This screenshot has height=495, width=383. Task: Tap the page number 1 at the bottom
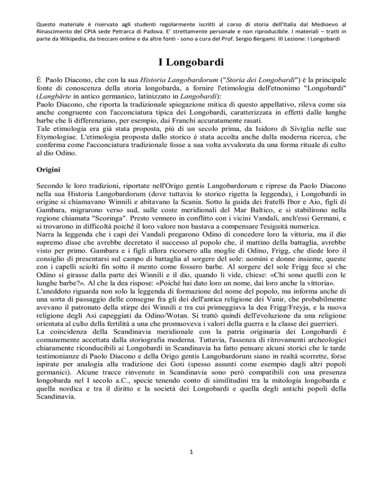click(191, 467)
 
